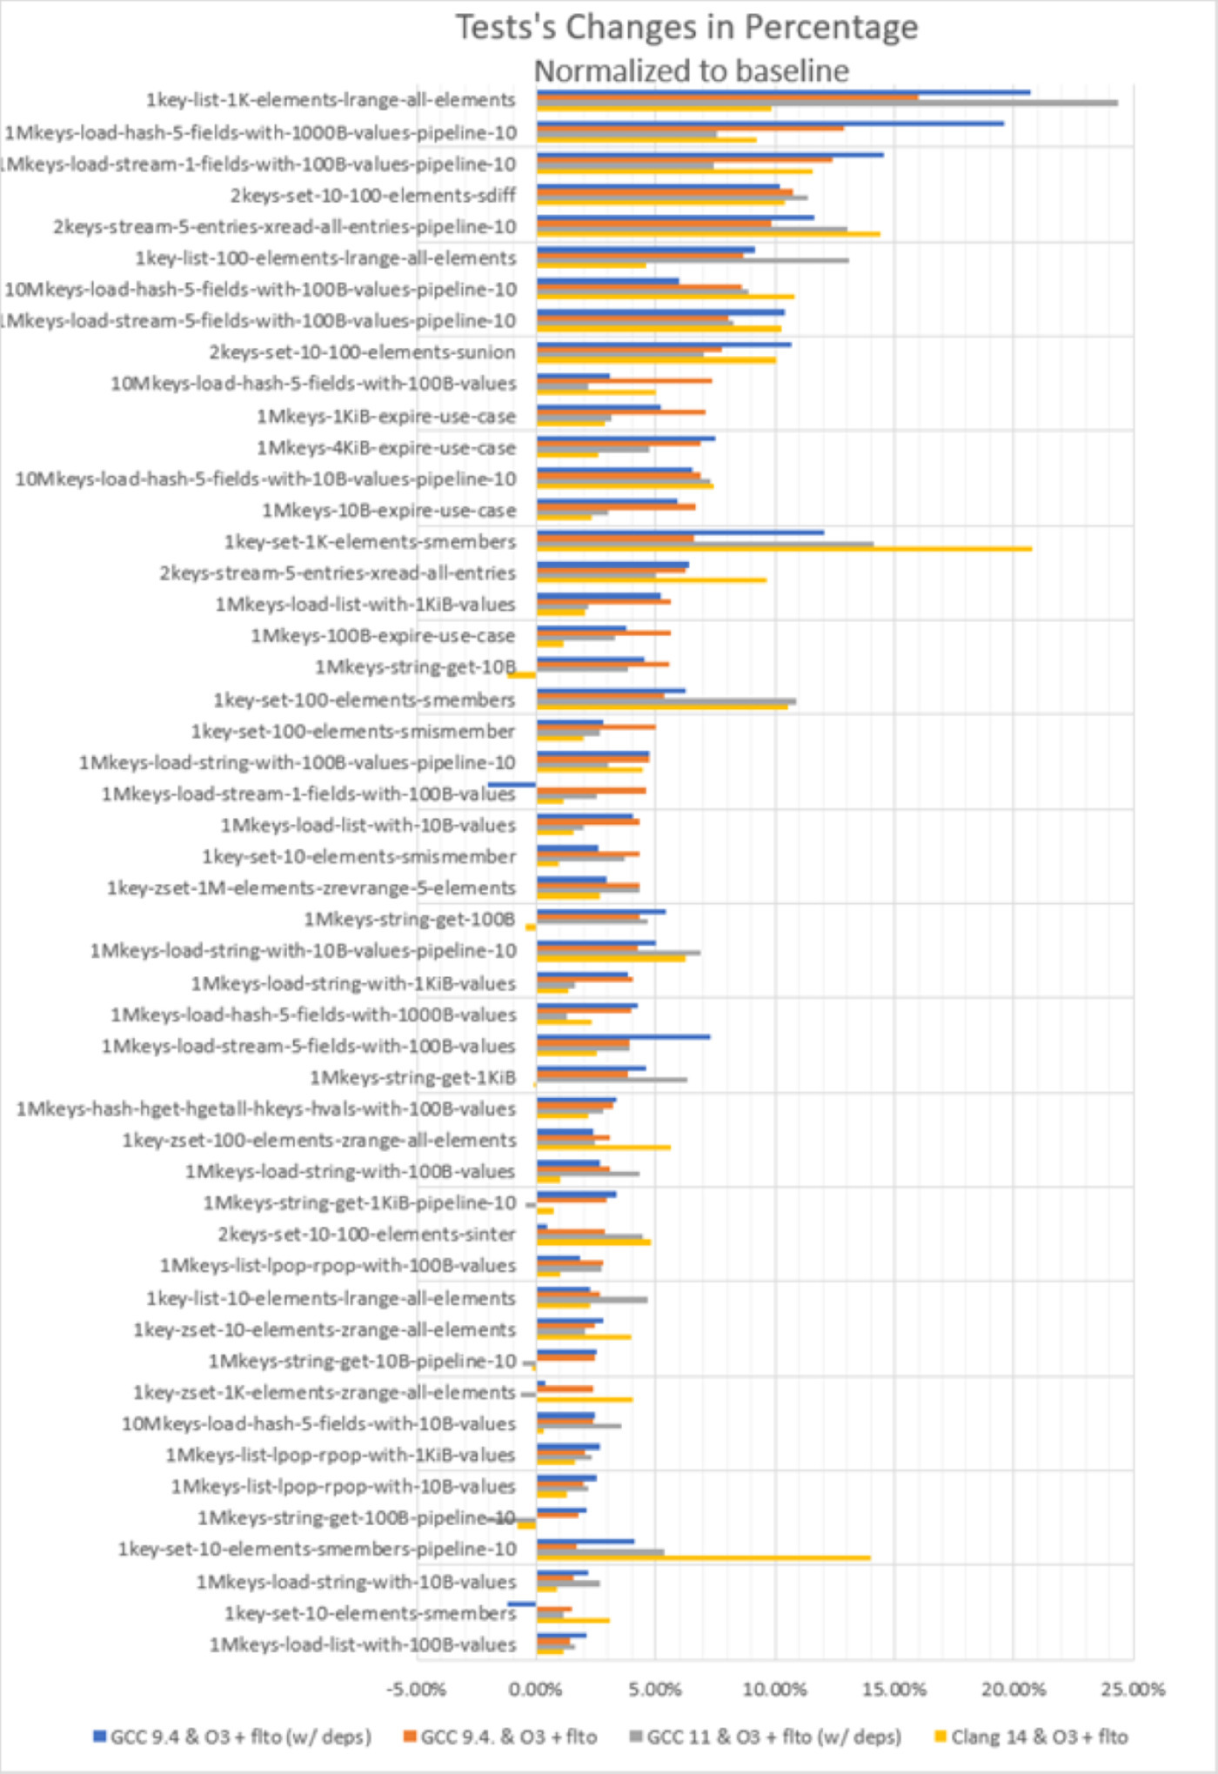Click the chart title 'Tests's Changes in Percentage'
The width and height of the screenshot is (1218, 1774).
[x=686, y=28]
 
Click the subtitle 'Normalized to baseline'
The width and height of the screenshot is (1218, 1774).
[x=691, y=70]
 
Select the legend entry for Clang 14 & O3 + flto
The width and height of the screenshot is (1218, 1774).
[x=1039, y=1737]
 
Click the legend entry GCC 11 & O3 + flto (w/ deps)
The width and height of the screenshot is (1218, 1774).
[x=773, y=1737]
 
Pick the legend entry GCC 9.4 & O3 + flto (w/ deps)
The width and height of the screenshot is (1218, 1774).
[x=240, y=1737]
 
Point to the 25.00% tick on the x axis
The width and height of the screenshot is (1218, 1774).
[x=1133, y=1689]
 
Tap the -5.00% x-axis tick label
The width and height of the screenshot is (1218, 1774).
[x=416, y=1689]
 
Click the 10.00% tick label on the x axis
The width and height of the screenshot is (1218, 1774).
[x=774, y=1689]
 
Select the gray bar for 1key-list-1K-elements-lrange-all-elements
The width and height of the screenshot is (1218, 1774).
[x=826, y=103]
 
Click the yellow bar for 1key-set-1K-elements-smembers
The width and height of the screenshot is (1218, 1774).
[x=783, y=549]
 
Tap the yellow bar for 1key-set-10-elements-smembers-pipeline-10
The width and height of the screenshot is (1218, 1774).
[x=703, y=1557]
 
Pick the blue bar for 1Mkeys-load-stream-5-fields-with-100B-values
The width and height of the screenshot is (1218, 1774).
[x=623, y=1036]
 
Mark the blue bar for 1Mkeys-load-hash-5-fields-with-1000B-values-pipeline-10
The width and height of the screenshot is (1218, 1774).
[x=770, y=124]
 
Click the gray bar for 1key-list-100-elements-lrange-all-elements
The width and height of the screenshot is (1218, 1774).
[x=693, y=260]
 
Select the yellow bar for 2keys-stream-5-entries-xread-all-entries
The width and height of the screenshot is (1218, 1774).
[x=651, y=580]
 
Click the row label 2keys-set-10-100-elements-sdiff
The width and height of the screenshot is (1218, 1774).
[x=372, y=196]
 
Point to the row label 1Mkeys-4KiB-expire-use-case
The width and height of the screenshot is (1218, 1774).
[x=385, y=448]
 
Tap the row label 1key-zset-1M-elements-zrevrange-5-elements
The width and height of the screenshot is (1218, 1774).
[x=311, y=888]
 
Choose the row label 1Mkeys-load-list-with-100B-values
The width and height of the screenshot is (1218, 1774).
[x=362, y=1645]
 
